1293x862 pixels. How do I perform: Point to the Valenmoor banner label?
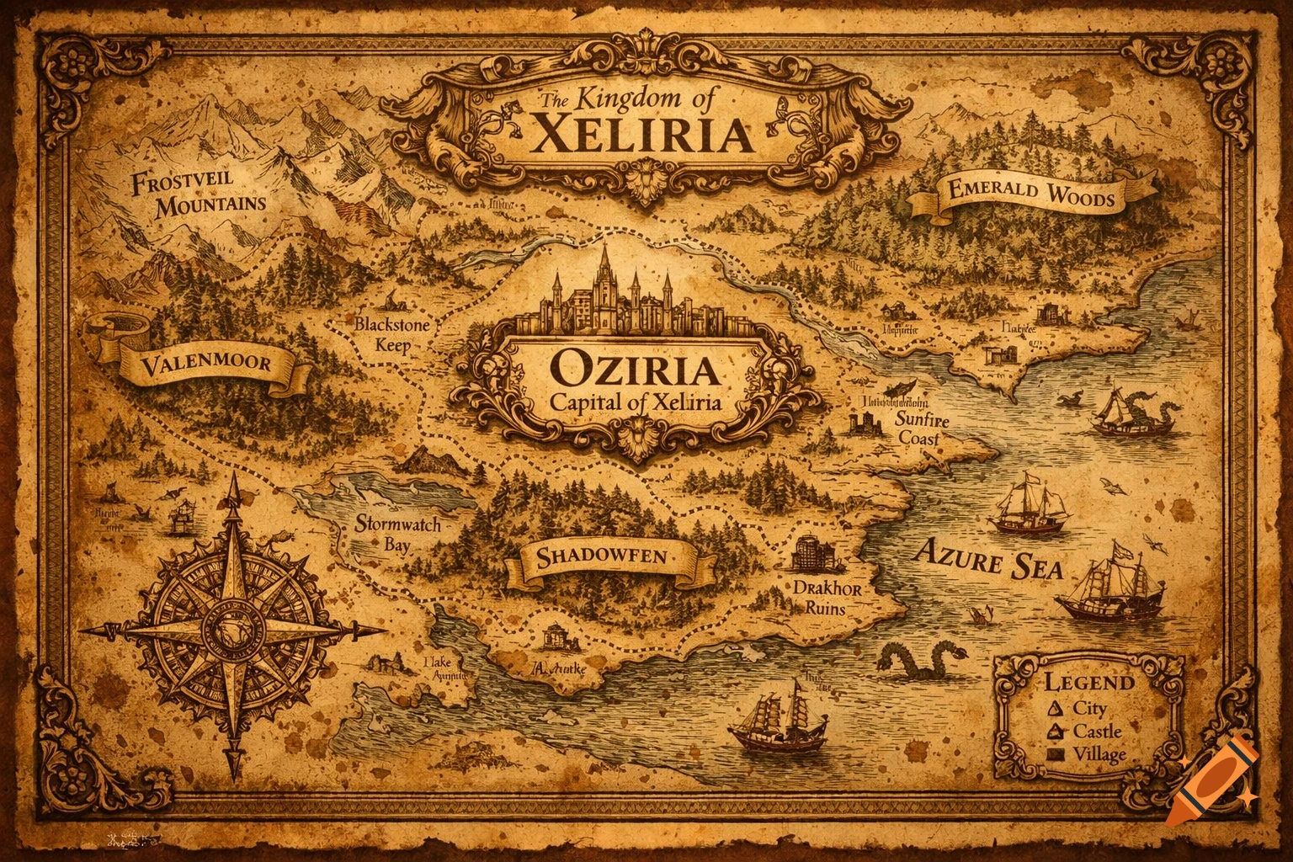pos(206,364)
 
